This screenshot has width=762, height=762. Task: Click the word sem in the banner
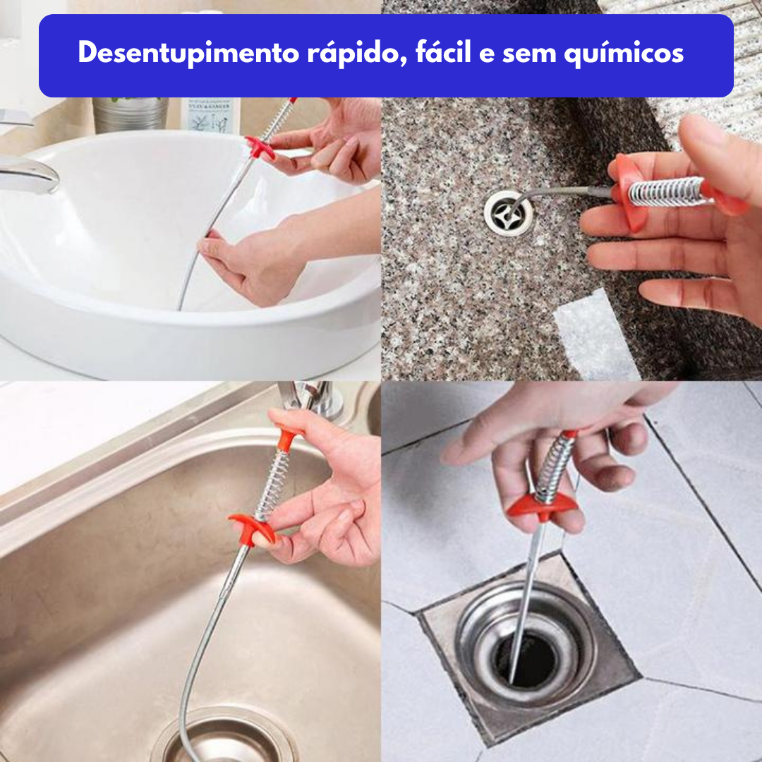click(523, 54)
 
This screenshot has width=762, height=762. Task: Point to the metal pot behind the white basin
click(131, 114)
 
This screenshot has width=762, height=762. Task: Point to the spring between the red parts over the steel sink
click(271, 485)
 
